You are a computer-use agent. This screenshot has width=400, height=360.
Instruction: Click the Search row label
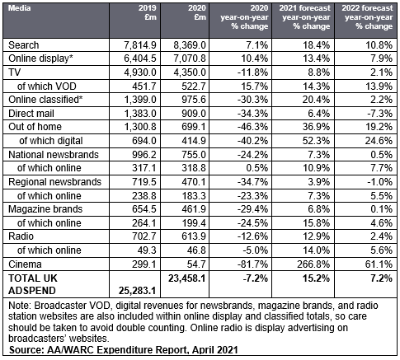coord(24,45)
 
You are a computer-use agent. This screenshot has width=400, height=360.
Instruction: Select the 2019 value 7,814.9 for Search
coord(140,45)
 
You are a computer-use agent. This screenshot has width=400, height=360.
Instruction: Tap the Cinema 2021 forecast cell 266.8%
coord(313,264)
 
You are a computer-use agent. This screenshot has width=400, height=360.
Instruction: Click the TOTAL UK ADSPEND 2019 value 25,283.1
coord(137,290)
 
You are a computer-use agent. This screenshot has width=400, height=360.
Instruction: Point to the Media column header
coord(19,8)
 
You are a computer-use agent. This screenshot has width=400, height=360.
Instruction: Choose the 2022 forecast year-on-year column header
coord(367,17)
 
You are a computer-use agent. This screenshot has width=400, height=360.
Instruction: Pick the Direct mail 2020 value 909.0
coord(194,114)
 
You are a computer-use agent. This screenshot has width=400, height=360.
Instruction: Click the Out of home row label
coord(35,127)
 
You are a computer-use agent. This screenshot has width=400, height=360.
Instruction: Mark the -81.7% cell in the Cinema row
coord(252,264)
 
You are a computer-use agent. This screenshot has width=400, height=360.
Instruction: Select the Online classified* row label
coord(45,100)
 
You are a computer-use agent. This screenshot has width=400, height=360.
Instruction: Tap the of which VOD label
coord(47,86)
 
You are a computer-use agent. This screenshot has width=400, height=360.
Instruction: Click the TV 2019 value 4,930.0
coord(140,72)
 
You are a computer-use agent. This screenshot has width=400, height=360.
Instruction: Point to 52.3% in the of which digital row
coord(317,141)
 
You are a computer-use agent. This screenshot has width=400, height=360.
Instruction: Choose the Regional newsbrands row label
coord(55,182)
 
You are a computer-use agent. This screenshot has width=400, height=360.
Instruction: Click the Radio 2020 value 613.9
coord(194,236)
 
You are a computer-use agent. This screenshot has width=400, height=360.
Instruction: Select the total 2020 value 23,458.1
coord(187,278)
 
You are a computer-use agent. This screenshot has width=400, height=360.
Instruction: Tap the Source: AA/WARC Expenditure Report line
coord(124,350)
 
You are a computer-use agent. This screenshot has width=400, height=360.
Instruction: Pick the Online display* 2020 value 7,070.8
coord(190,58)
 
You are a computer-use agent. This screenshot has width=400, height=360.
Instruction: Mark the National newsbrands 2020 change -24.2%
coord(252,155)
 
